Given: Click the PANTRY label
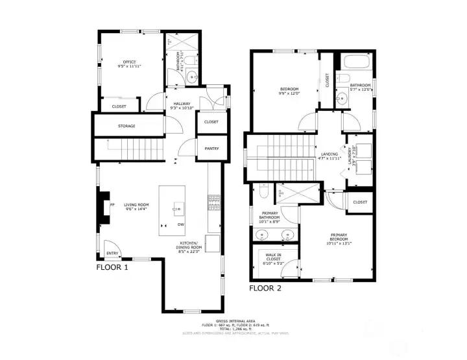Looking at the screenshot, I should coord(211,149).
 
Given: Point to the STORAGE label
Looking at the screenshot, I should coord(126,126).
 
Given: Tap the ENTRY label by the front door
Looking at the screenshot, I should coord(113,254).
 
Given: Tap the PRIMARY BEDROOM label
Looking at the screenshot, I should coord(339,237).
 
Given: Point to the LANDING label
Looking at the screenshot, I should coord(329,156).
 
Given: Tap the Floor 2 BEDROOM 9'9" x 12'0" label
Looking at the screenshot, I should coord(289,91).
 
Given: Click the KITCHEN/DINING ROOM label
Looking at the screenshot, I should coord(191,246).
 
